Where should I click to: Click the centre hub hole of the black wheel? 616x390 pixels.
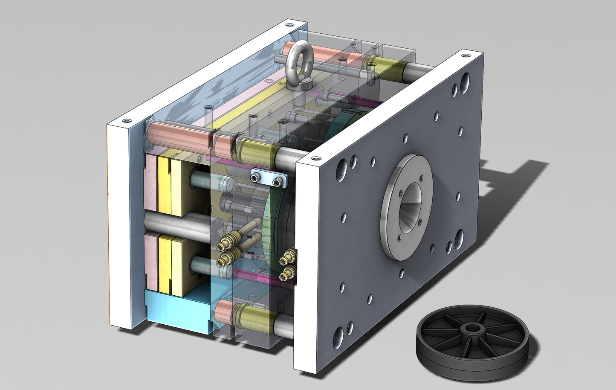click(473, 329)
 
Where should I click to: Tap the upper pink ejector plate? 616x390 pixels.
click(151, 183)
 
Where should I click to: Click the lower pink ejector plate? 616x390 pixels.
click(150, 260)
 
